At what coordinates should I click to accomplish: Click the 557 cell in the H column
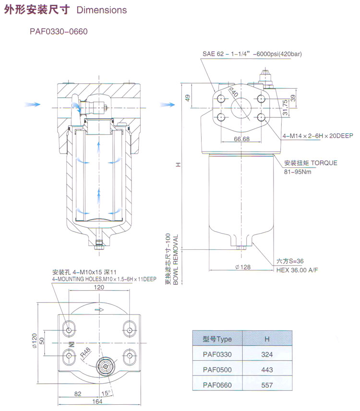pyautogui.click(x=267, y=385)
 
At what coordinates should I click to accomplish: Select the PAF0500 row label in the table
pyautogui.click(x=217, y=370)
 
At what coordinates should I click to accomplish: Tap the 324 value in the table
pyautogui.click(x=267, y=354)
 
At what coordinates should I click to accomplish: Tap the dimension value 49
pyautogui.click(x=188, y=98)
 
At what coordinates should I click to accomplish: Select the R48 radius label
pyautogui.click(x=85, y=352)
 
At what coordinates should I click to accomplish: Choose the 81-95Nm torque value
pyautogui.click(x=298, y=171)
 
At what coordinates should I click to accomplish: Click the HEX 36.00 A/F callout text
pyautogui.click(x=297, y=270)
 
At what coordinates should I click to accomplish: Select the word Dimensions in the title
pyautogui.click(x=102, y=10)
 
